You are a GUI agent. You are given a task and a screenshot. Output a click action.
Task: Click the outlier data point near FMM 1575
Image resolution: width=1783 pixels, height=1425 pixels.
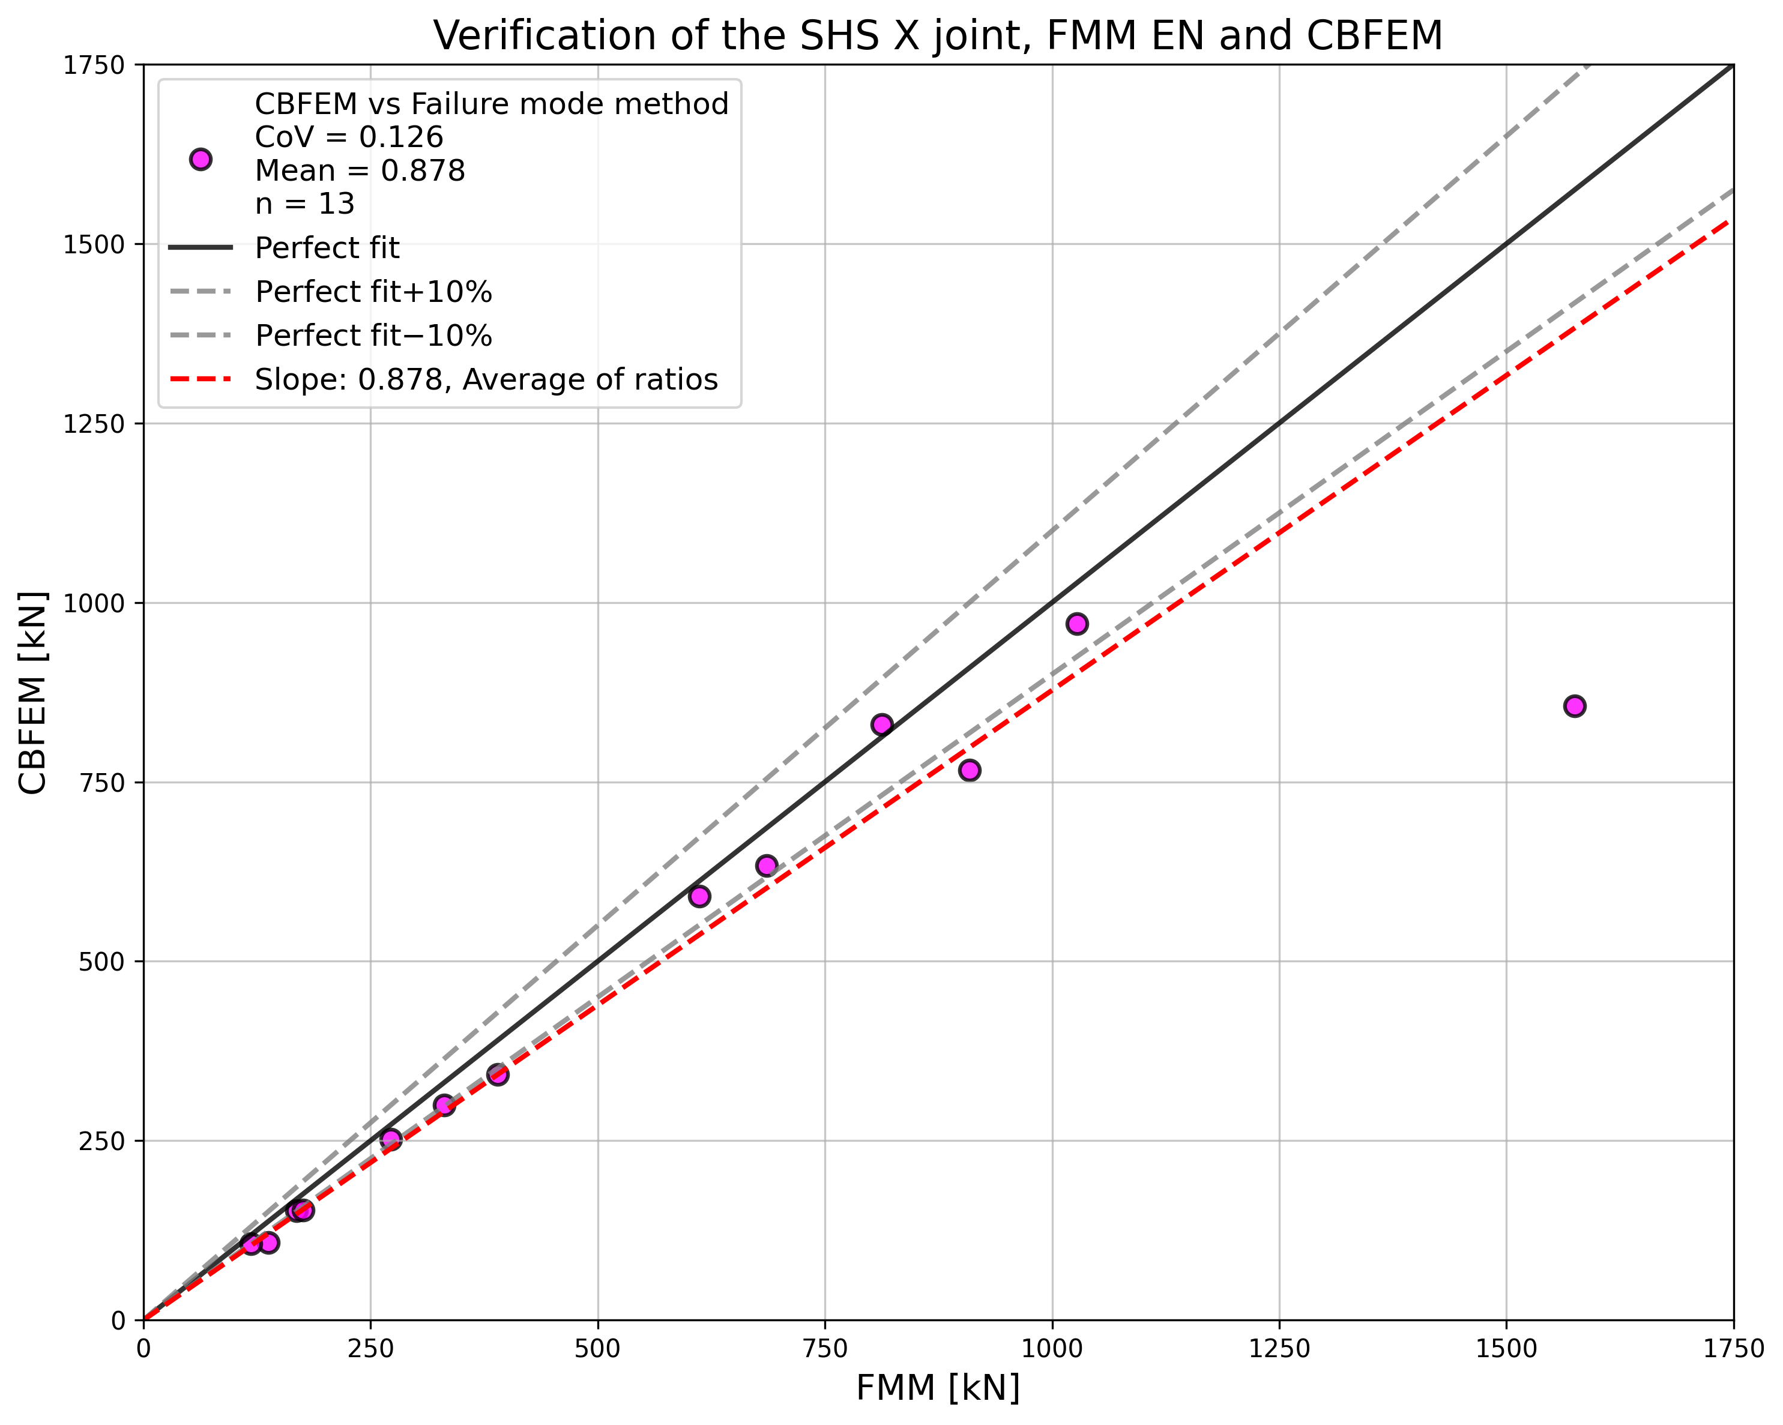pos(1575,706)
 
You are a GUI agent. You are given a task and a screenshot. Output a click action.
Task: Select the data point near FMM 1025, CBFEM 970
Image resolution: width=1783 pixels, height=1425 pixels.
pos(1077,624)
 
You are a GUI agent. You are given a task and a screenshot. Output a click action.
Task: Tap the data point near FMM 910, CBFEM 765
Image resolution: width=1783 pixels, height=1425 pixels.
pos(970,770)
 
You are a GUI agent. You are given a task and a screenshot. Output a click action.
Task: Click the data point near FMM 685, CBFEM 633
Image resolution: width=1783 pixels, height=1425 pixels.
pos(767,866)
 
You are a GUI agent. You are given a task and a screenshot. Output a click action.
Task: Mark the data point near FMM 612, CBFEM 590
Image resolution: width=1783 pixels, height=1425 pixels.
pos(699,897)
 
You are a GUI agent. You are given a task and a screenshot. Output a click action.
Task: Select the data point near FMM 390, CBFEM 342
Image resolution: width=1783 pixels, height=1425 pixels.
pos(498,1074)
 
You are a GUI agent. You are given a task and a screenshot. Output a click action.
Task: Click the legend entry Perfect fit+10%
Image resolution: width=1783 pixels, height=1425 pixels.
pos(374,292)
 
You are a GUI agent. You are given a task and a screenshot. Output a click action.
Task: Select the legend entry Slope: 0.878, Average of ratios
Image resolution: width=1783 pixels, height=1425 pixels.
pos(486,379)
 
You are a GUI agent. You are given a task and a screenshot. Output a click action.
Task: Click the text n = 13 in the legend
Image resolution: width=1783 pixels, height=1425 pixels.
pos(304,203)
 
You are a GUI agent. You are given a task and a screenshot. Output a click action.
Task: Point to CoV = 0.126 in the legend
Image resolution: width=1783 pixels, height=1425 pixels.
pos(349,137)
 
